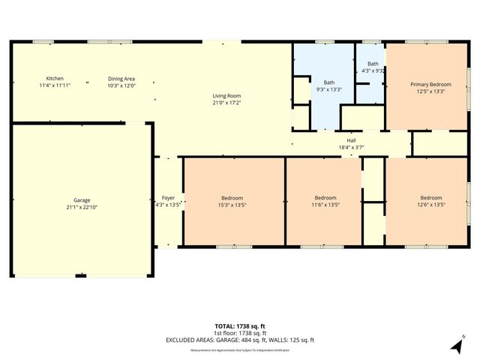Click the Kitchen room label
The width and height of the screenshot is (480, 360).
point(55,79)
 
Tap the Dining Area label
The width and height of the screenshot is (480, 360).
point(121,79)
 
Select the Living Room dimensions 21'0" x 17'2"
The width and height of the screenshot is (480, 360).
point(226,103)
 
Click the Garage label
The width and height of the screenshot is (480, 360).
point(82,200)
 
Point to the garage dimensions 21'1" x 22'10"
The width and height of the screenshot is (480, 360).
point(82,207)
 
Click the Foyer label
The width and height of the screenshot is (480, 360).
point(168,198)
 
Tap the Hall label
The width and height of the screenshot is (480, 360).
point(351,140)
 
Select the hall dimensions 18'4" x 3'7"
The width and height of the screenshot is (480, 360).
point(351,148)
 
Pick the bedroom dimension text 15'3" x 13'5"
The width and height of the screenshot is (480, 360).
point(232,205)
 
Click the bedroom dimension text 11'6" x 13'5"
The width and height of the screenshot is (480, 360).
point(325,205)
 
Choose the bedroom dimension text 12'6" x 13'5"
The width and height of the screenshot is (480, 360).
point(430,205)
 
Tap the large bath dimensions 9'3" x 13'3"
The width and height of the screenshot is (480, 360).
point(328,89)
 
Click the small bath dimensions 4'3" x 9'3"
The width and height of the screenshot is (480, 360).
point(373,71)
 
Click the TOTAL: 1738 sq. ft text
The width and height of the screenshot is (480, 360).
point(240,326)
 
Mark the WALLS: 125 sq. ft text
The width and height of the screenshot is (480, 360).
point(291,340)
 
